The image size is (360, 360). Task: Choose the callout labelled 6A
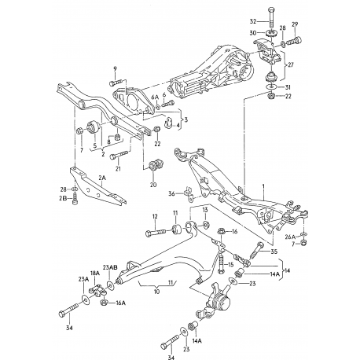tap(155, 97)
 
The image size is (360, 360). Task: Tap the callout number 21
tap(117, 168)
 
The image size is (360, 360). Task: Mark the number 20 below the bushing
tap(153, 186)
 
